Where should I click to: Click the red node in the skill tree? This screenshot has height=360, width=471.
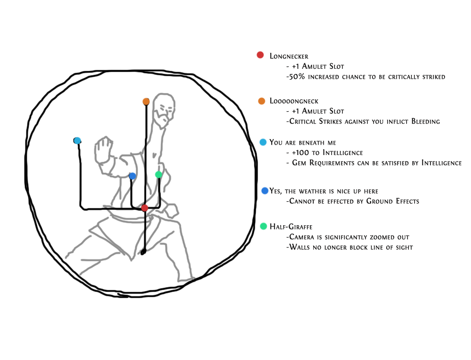coord(145,208)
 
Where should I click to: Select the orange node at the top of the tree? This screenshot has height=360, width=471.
coord(146,102)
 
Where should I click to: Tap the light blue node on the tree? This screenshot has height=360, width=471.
coord(77,140)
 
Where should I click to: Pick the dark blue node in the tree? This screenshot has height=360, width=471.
coord(132,176)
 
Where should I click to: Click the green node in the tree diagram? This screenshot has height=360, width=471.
coord(158,175)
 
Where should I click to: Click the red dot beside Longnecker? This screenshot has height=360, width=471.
coord(260,55)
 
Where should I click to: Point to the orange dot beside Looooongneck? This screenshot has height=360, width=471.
coord(261,101)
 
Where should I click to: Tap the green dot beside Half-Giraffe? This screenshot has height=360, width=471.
coord(263,226)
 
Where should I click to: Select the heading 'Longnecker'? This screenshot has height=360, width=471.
coord(289,56)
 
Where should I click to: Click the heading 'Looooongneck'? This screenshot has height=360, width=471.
coord(294,101)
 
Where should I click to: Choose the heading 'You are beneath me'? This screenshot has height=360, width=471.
coord(302,142)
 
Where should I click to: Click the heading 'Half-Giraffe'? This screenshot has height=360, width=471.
coord(291,227)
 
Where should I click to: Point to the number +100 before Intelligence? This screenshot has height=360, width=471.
coord(300,153)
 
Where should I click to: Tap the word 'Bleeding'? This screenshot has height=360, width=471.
coord(425,122)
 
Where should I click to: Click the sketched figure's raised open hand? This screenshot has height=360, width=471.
coord(104,150)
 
